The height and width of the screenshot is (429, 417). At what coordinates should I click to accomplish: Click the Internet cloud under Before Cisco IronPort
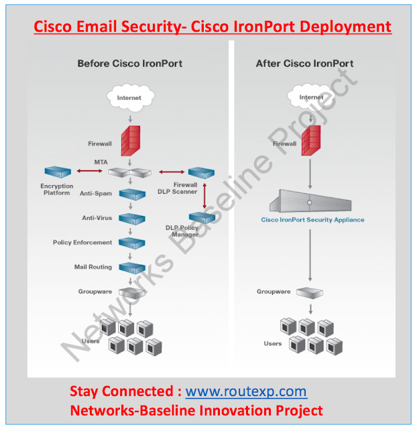pyautogui.click(x=129, y=99)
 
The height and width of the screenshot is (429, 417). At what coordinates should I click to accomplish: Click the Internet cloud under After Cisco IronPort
pyautogui.click(x=311, y=99)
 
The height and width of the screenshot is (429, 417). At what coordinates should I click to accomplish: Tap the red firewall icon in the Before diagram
pyautogui.click(x=130, y=143)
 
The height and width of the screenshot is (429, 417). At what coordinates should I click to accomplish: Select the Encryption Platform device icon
pyautogui.click(x=57, y=173)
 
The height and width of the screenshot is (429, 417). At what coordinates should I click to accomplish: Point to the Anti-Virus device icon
pyautogui.click(x=131, y=219)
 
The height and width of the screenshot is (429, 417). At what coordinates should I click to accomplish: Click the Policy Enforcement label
pyautogui.click(x=82, y=242)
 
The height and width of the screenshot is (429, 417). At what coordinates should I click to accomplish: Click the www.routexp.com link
pyautogui.click(x=246, y=391)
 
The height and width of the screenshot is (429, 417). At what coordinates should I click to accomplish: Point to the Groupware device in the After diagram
pyautogui.click(x=310, y=292)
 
